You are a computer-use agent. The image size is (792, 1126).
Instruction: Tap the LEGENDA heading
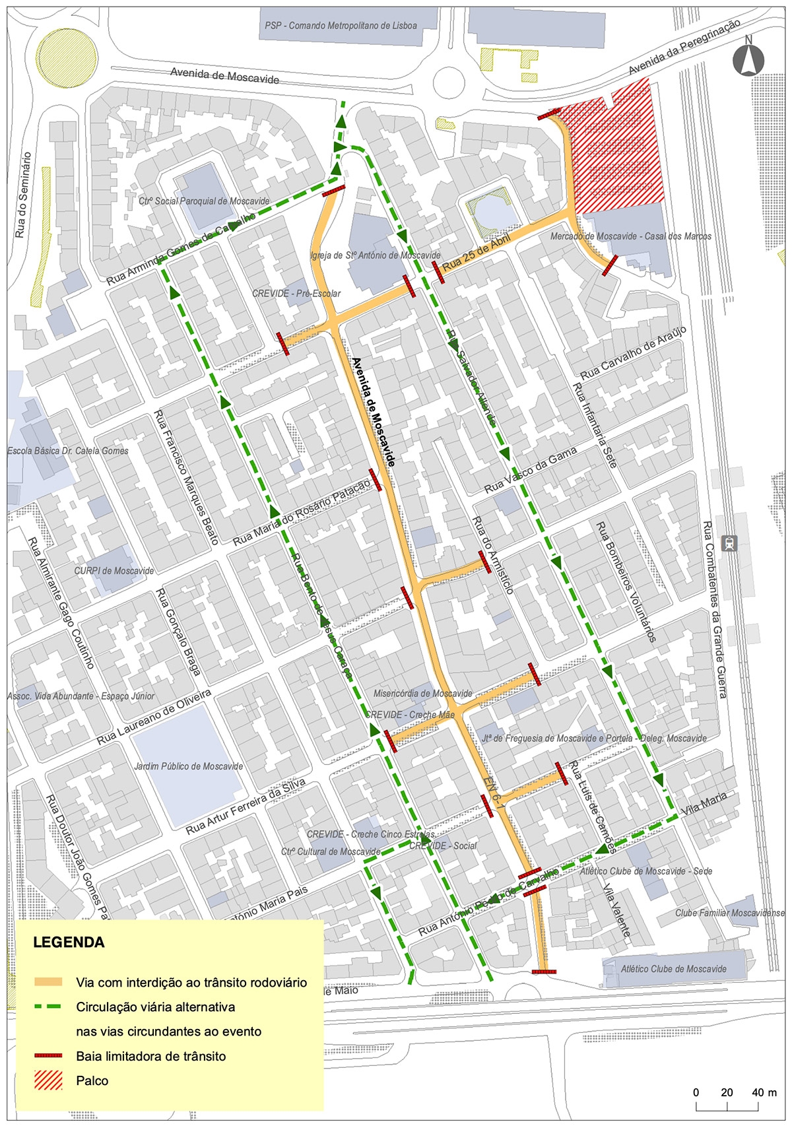point(69,942)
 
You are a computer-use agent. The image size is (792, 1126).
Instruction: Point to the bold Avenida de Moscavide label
point(373,413)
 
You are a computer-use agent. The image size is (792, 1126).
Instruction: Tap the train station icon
point(729,544)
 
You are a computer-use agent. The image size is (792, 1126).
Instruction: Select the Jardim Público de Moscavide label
point(189,766)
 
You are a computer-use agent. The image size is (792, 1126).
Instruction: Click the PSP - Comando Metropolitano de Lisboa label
point(341,26)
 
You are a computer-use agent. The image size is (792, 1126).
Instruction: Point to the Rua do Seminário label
point(23,195)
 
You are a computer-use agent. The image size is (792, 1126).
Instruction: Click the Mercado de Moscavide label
point(630,236)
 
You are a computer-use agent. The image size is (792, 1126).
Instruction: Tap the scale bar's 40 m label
point(764,1092)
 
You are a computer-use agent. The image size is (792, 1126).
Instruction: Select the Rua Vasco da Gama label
point(531,470)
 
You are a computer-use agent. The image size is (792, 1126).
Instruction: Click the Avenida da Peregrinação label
point(684,48)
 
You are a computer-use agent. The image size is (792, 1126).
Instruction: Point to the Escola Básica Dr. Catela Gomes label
point(68,451)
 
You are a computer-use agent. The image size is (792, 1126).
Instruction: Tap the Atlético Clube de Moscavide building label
point(673,969)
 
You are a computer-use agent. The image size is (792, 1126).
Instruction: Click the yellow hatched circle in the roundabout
point(67,56)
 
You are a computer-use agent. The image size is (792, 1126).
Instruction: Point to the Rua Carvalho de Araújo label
point(634,352)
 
